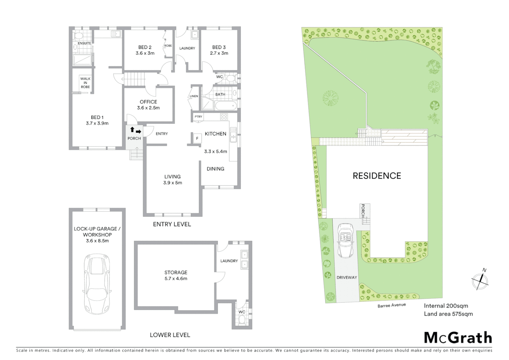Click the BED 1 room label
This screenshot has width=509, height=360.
click(x=97, y=120)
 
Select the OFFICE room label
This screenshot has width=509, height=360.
click(x=148, y=105)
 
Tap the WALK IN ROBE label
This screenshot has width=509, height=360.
click(x=85, y=83)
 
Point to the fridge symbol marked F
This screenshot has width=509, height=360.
click(x=197, y=138)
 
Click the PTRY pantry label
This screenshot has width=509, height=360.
click(x=198, y=117)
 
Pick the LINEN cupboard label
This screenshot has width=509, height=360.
click(x=194, y=96)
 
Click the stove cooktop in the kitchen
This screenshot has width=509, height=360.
click(x=224, y=117)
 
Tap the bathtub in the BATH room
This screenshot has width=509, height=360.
click(x=226, y=106)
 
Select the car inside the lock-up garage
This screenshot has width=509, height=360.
click(x=97, y=283)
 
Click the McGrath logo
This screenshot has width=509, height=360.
click(x=458, y=338)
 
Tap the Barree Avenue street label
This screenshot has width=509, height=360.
click(x=391, y=305)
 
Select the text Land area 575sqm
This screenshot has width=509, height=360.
click(x=448, y=314)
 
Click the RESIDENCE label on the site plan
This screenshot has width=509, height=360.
click(x=377, y=176)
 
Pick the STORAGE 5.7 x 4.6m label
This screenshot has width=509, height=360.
click(x=176, y=275)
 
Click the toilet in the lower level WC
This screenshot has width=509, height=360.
click(x=242, y=321)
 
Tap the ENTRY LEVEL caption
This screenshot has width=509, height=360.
click(x=172, y=224)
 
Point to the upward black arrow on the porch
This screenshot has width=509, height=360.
click(x=132, y=130)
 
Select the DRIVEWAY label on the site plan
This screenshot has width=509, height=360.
click(x=346, y=277)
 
